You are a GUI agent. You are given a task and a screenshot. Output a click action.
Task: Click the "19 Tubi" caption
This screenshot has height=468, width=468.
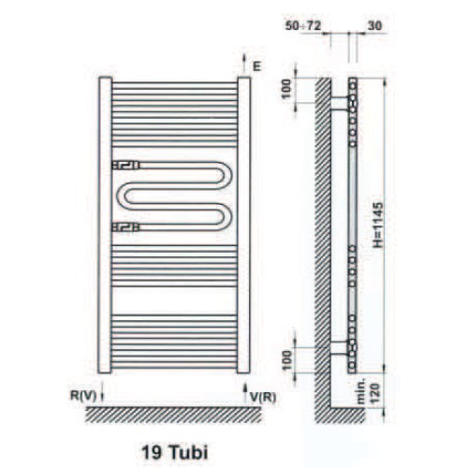(x=175, y=451)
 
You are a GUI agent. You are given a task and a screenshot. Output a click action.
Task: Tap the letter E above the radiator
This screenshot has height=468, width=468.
(x=256, y=66)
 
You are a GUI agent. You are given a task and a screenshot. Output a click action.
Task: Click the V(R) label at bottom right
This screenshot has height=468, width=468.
(x=263, y=397)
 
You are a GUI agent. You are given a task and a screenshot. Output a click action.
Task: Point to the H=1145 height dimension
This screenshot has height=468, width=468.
(x=378, y=225)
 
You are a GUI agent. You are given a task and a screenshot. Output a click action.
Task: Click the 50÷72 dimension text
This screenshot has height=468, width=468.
(x=303, y=25)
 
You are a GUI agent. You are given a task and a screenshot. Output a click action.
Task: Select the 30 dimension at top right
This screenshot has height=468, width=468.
(x=374, y=25)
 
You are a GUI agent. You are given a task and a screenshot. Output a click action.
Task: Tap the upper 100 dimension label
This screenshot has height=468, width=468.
(x=286, y=89)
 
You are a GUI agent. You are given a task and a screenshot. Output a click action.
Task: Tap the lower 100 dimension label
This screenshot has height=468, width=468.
(x=286, y=360)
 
